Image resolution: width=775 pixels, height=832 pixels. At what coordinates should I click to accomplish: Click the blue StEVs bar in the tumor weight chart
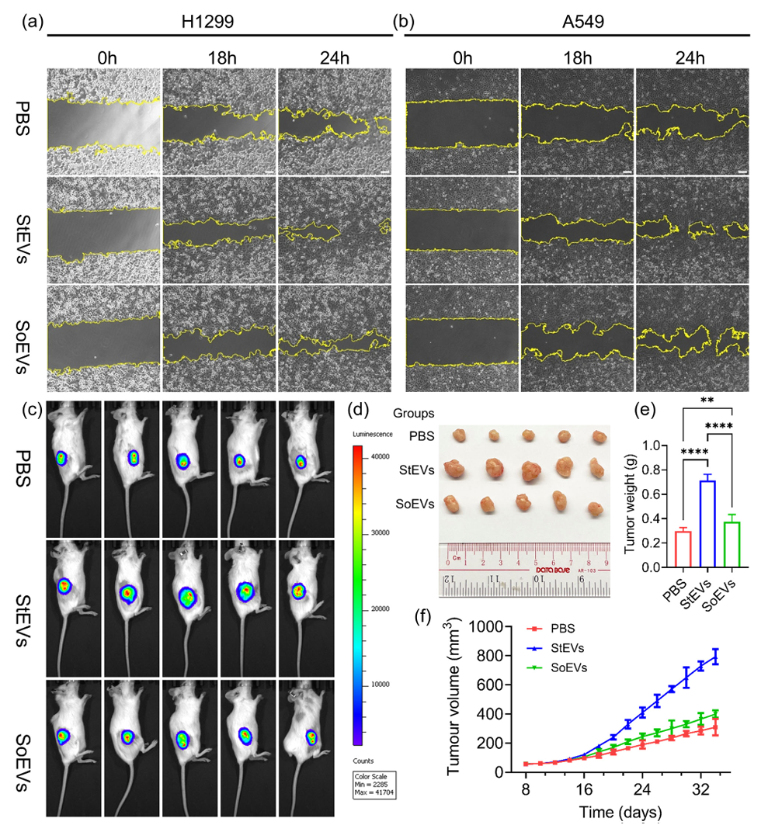(686, 524)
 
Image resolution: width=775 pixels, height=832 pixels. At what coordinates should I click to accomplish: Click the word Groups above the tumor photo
(414, 414)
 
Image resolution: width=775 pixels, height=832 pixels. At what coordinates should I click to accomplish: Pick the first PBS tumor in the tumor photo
(455, 439)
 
